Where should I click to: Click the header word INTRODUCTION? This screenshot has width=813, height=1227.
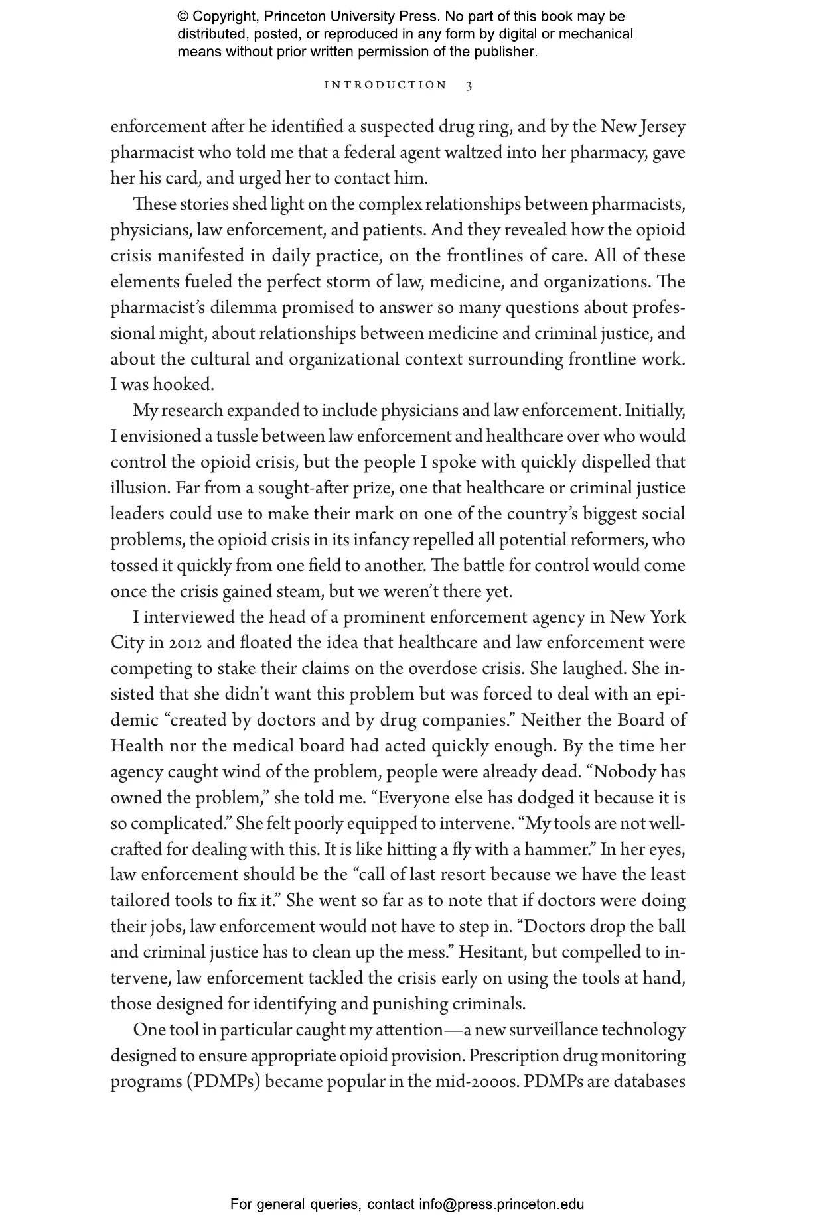[x=385, y=85]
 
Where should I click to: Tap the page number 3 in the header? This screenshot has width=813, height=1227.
[x=469, y=85]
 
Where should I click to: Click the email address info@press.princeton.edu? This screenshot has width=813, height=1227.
[x=501, y=1204]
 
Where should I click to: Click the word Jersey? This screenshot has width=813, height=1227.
[x=662, y=127]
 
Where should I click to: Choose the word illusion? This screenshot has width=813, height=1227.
[x=140, y=489]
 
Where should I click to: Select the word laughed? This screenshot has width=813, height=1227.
[x=597, y=669]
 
